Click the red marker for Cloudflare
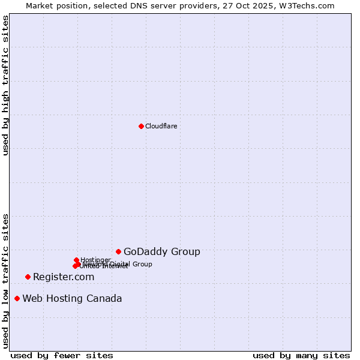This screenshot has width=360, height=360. pos(141,126)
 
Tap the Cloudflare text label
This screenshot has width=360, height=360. pos(161,126)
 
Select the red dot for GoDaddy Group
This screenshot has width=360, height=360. pos(119,251)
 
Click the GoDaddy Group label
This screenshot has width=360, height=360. pos(161,252)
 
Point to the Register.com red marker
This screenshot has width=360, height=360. pos(28,277)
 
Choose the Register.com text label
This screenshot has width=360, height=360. pos(64,277)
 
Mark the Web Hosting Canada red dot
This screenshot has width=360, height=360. pos(17,298)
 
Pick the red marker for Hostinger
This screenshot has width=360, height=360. pos(76,260)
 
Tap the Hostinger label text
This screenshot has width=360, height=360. pos(95,260)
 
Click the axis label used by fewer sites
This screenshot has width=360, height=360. pos(62,355)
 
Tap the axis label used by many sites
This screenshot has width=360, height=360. pos(301,355)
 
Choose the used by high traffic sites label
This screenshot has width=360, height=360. pos(5,85)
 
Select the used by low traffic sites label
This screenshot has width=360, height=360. pos(5,280)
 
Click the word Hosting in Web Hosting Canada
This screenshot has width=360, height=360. pos(64,299)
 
